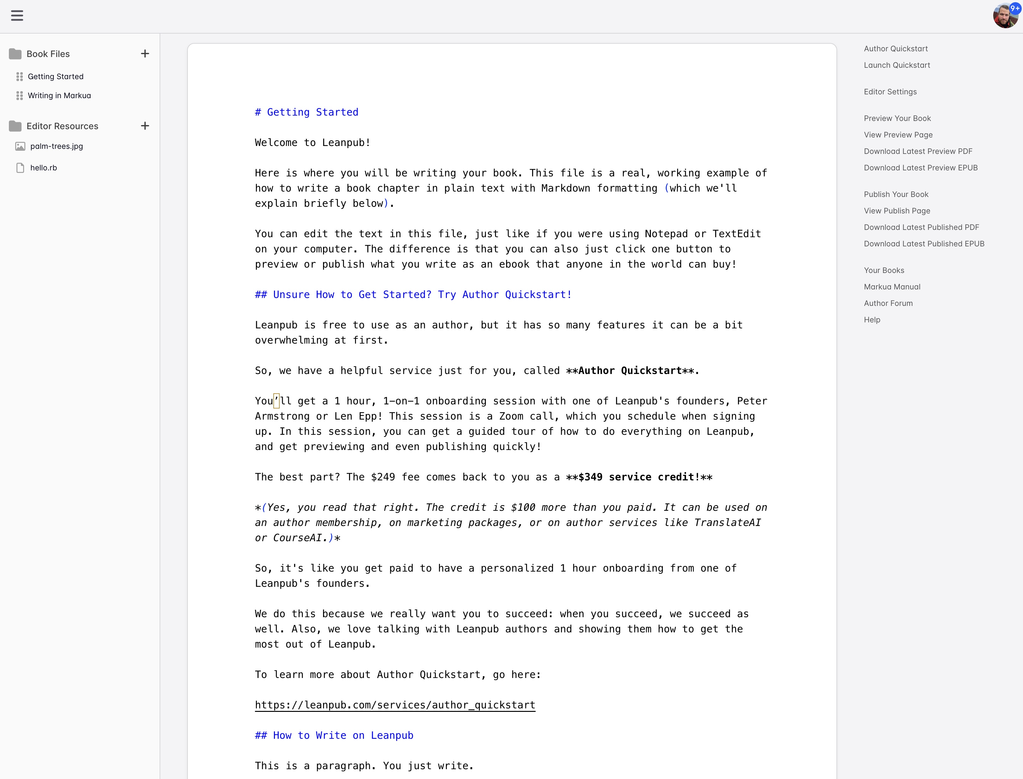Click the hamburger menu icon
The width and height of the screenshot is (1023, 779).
click(x=17, y=16)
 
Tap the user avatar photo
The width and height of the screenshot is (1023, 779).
click(x=1004, y=16)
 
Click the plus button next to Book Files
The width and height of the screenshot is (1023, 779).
click(x=145, y=54)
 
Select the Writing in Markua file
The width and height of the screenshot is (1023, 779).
click(x=59, y=96)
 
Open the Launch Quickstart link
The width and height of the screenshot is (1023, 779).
click(x=896, y=65)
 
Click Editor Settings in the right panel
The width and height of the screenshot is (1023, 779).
click(x=890, y=92)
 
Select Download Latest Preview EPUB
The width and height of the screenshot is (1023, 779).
click(x=920, y=168)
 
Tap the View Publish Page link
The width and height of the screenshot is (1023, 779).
click(x=896, y=211)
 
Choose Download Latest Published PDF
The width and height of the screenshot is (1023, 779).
click(x=921, y=227)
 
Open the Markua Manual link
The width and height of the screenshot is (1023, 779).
click(x=892, y=287)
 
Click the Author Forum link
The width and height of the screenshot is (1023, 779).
click(x=887, y=303)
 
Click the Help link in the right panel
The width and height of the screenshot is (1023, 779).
click(x=872, y=320)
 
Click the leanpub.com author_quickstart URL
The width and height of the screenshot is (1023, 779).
click(x=395, y=705)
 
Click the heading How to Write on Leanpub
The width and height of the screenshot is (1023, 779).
click(x=334, y=735)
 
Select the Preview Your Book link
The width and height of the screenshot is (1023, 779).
click(x=897, y=118)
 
